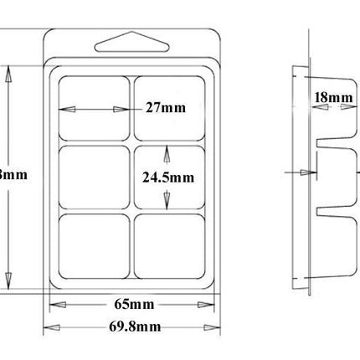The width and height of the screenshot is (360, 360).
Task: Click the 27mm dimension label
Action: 164,108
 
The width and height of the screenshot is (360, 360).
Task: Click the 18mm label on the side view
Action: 333,97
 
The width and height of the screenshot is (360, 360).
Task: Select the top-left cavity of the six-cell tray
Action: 93,107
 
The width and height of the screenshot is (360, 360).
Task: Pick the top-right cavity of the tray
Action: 171,107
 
